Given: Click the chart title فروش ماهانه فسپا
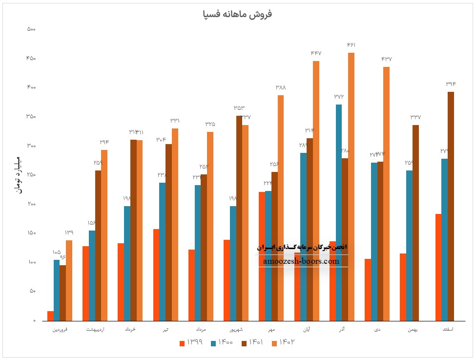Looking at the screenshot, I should pos(237,14).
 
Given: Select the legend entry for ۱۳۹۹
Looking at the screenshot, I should pos(191,342).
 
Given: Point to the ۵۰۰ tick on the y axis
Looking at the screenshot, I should pos(31,29).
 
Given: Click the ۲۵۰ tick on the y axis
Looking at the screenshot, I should pos(31,175).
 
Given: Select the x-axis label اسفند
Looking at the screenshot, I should pos(447,330).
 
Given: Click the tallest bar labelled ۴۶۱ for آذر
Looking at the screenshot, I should pos(351,186).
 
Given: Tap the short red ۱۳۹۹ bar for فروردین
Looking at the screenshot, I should pos(50,316).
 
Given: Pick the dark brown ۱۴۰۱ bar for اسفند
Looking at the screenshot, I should pos(451,205).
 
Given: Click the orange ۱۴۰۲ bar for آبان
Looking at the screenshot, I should pos(316,191).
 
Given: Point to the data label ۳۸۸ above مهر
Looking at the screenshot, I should pos(281,87).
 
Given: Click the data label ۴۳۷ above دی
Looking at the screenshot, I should pos(387,59).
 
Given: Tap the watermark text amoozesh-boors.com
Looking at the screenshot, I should pos(301,261).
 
